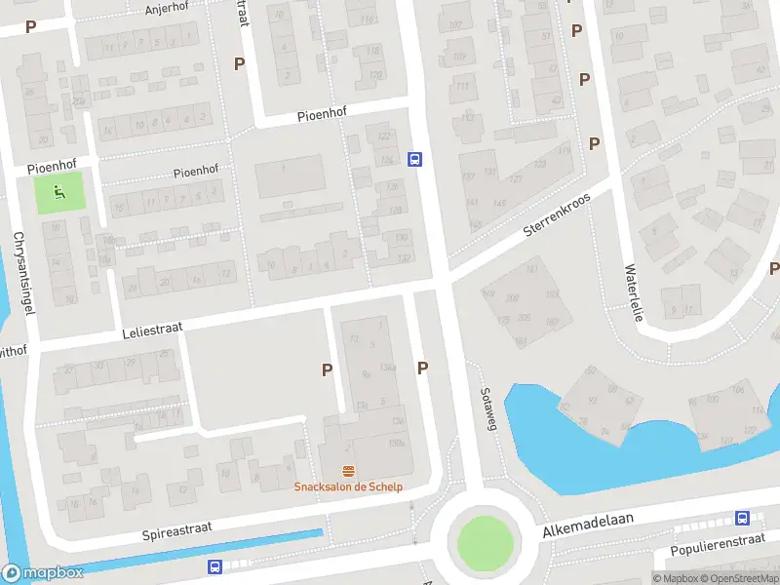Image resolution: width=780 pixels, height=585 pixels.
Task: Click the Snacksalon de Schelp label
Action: (x=349, y=487)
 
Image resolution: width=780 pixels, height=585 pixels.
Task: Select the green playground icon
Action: (x=59, y=193)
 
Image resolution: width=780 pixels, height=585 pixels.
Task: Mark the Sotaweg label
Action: (x=489, y=408)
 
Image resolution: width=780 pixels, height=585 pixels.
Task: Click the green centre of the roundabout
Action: (x=485, y=541)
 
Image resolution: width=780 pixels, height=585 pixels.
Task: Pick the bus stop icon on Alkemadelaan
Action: (x=742, y=519)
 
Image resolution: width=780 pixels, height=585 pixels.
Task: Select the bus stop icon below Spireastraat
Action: (x=214, y=566)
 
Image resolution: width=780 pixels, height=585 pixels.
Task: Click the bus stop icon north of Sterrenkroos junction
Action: (x=415, y=160)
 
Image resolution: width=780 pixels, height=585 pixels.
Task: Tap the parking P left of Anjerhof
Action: (x=31, y=27)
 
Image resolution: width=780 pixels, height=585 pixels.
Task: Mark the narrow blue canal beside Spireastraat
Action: (x=195, y=552)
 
